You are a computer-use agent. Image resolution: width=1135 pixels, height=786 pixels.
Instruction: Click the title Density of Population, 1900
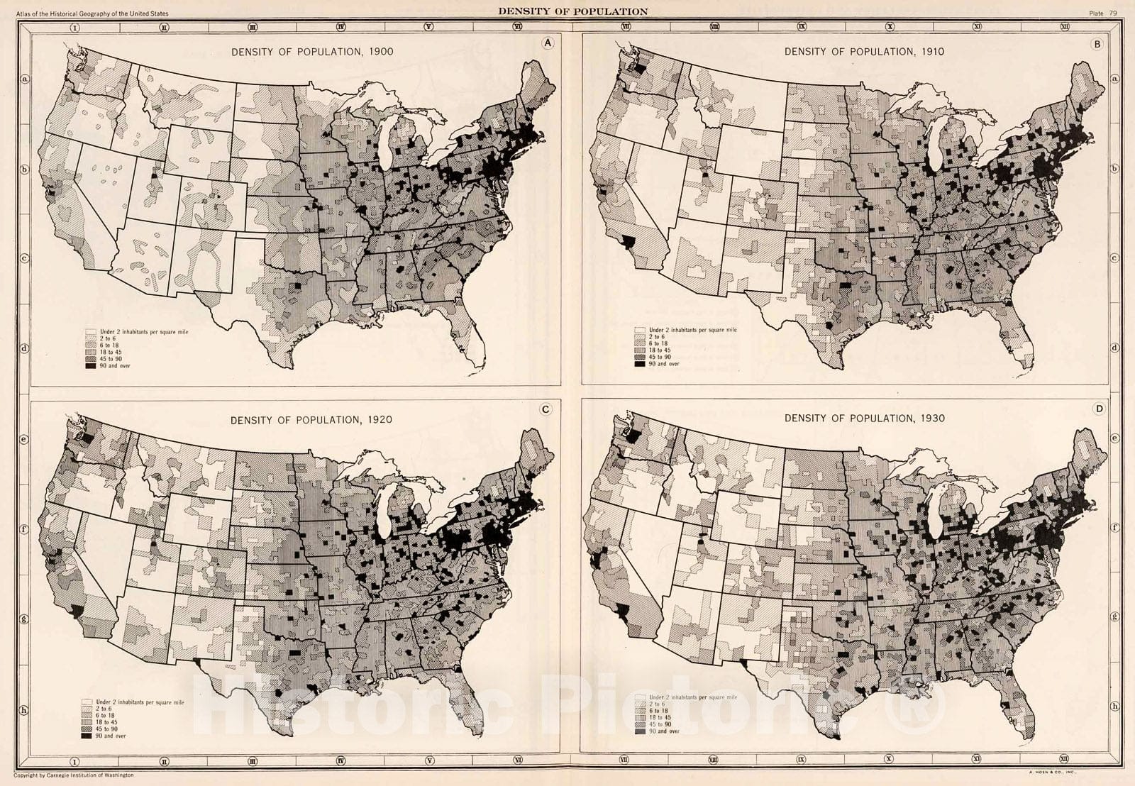(312, 51)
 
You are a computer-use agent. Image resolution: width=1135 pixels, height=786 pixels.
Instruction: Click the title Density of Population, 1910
(864, 51)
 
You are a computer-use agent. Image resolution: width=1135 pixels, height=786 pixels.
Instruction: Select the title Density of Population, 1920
(311, 419)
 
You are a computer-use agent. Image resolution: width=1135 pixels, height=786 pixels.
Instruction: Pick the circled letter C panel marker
(546, 409)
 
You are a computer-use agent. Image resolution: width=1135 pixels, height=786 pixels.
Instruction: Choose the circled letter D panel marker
(1099, 409)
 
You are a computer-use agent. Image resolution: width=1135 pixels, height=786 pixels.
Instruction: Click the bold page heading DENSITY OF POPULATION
(572, 11)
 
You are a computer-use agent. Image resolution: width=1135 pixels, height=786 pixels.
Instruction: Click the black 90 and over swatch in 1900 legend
(91, 367)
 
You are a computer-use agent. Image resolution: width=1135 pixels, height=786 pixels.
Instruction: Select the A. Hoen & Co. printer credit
(1053, 770)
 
